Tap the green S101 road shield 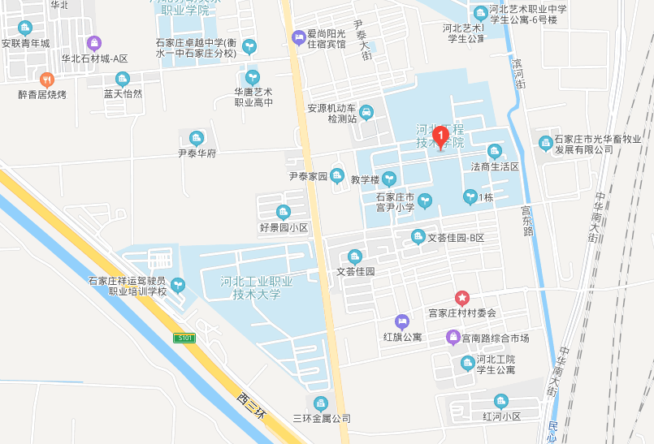click(x=185, y=338)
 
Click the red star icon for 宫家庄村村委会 click(x=461, y=298)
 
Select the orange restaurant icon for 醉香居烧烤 click(x=46, y=79)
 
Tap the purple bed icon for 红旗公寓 click(x=401, y=321)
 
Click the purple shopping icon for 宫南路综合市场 click(x=453, y=337)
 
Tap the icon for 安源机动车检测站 click(x=366, y=111)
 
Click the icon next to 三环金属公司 click(x=321, y=403)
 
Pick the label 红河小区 click(x=501, y=416)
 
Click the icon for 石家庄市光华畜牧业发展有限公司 click(x=545, y=143)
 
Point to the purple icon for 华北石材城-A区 click(x=95, y=42)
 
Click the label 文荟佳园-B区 click(x=456, y=238)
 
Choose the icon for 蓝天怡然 click(x=123, y=79)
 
